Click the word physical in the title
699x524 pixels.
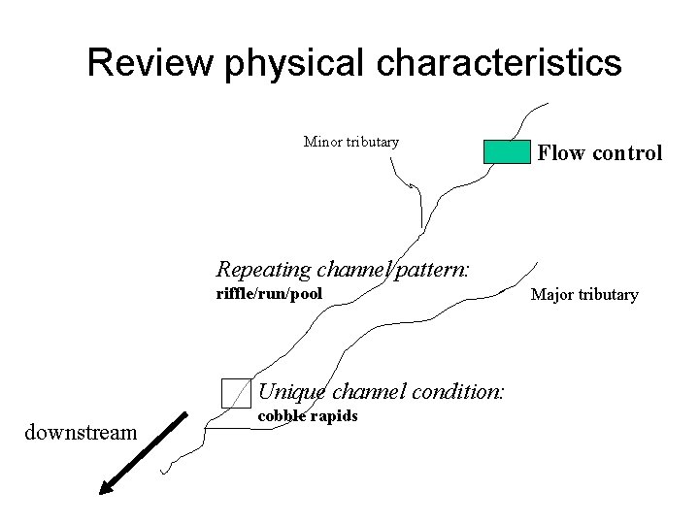(x=293, y=63)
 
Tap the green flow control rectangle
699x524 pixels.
(x=507, y=151)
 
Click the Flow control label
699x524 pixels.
(x=600, y=152)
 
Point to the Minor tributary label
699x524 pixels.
(x=351, y=142)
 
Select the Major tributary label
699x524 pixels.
(x=583, y=294)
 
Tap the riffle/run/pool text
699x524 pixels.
(x=268, y=293)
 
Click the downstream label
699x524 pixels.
(x=80, y=432)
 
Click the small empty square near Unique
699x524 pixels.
(x=236, y=392)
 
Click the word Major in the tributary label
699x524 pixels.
(x=550, y=294)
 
